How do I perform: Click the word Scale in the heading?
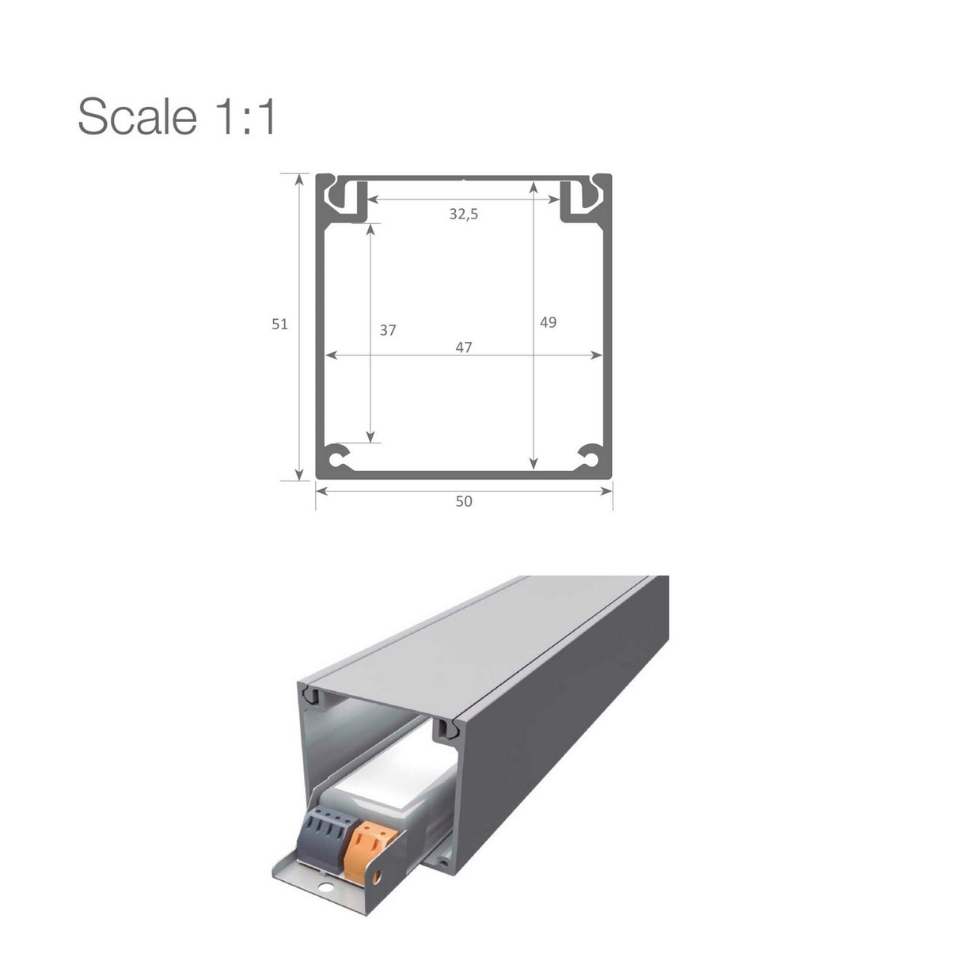(136, 116)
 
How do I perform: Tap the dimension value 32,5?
(464, 214)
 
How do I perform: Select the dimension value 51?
(279, 324)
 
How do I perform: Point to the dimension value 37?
(387, 330)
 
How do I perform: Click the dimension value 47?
(464, 347)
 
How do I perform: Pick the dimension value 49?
(548, 322)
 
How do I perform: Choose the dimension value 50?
(464, 501)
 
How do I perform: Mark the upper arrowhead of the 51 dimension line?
(299, 179)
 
